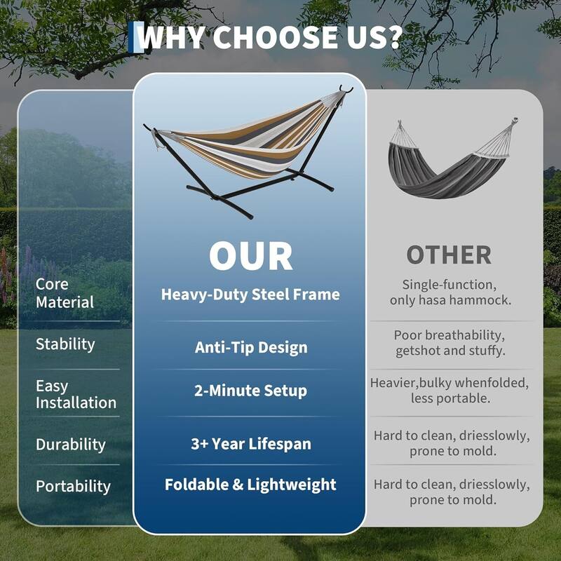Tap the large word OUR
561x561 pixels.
click(x=250, y=257)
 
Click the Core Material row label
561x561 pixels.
click(x=65, y=293)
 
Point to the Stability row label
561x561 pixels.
click(x=65, y=344)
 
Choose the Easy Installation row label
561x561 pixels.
click(x=76, y=394)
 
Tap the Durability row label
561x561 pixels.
click(x=70, y=445)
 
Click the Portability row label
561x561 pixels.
click(x=73, y=486)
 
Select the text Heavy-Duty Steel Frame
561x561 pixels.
click(x=250, y=295)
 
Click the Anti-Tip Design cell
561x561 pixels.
click(x=250, y=347)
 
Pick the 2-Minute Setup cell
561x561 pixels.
click(x=250, y=391)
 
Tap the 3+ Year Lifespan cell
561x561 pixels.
click(x=250, y=444)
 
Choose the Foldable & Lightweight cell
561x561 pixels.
click(x=250, y=485)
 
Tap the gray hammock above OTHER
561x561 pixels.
click(x=449, y=165)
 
